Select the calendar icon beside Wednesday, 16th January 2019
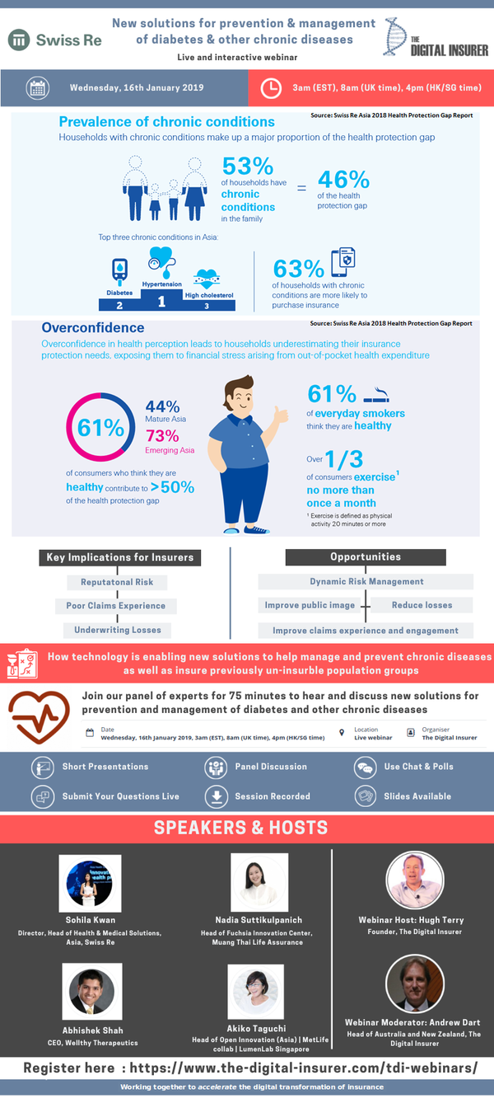tap(37, 87)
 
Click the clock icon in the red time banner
tap(271, 88)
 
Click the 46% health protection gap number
tap(343, 179)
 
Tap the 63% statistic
tap(298, 269)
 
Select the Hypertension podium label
tap(161, 284)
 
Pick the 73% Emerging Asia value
tap(162, 436)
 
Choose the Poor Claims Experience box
tap(116, 606)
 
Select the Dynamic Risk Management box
tap(366, 582)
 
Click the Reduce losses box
tap(422, 605)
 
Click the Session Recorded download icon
tap(216, 796)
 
